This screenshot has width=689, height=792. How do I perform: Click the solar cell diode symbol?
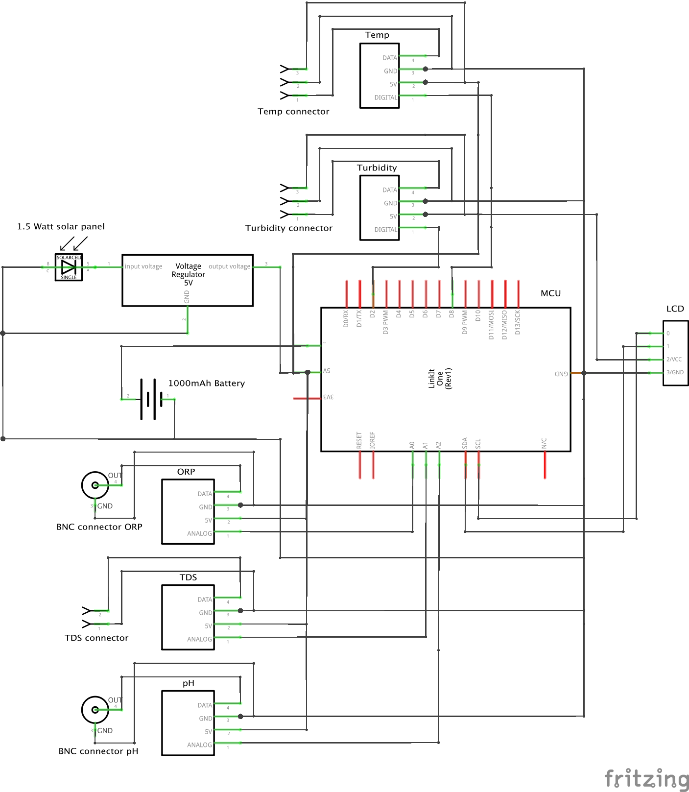point(69,267)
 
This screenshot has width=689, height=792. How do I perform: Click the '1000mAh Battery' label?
point(206,384)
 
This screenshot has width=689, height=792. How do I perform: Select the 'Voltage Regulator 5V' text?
point(188,274)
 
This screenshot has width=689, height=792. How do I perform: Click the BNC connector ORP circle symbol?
point(95,485)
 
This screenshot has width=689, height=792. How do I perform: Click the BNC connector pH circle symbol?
point(95,710)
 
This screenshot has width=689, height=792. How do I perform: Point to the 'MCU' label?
point(550,293)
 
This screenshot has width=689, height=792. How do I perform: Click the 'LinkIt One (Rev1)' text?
point(440,379)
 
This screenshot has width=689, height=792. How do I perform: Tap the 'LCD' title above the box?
point(675,309)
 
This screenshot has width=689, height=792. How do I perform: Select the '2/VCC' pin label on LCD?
point(674,360)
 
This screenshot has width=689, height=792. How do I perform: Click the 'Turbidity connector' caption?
point(288,228)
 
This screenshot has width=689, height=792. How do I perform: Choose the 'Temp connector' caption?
point(293,112)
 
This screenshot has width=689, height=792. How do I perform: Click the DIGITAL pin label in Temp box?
point(385,97)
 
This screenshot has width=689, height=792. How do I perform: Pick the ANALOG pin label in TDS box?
point(199,639)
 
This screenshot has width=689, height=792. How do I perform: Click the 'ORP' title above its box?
point(186,472)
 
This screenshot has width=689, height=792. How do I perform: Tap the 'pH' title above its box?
point(188,683)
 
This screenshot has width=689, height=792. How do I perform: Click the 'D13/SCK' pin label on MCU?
point(518,322)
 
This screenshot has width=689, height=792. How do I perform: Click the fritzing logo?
point(646,779)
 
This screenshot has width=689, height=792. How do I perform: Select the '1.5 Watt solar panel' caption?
point(61,227)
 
